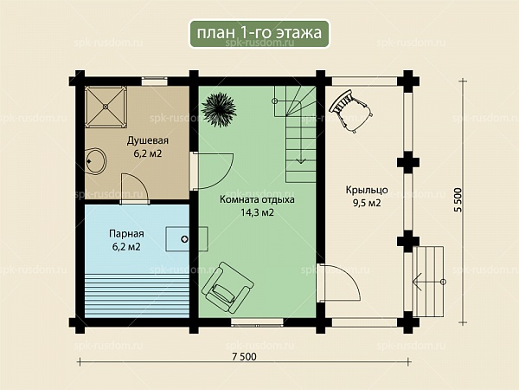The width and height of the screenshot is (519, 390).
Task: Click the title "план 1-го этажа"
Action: coord(259,33)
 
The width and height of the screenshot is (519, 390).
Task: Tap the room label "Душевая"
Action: coord(148,140)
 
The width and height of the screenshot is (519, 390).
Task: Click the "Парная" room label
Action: coord(126,234)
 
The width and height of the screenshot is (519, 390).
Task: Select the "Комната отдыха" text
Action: coord(257,199)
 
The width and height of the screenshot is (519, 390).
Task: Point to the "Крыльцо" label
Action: coord(367,190)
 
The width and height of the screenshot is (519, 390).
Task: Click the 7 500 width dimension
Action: coord(244,356)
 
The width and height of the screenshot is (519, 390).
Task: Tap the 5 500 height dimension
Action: coord(458,199)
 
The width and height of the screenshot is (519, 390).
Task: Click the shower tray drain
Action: coord(106,107)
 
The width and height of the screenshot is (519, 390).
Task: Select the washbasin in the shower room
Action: coord(95,161)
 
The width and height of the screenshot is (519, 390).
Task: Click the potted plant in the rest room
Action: coord(219,109)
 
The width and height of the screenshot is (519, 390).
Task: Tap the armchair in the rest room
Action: coord(227,287)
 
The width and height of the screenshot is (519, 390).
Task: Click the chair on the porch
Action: coord(351,110)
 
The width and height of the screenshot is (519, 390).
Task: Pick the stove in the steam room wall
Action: coord(187,239)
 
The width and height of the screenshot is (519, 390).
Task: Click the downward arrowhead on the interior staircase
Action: coord(301,161)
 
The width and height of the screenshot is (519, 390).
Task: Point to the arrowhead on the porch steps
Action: coord(417,282)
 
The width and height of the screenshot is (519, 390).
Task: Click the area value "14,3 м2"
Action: coord(257,212)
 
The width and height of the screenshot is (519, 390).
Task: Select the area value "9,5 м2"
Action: coord(367,203)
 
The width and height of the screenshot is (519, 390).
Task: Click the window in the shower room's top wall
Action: coord(155,81)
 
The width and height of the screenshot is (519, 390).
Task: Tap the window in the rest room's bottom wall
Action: coord(257,322)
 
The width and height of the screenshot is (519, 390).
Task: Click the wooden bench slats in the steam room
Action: coord(137,296)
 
